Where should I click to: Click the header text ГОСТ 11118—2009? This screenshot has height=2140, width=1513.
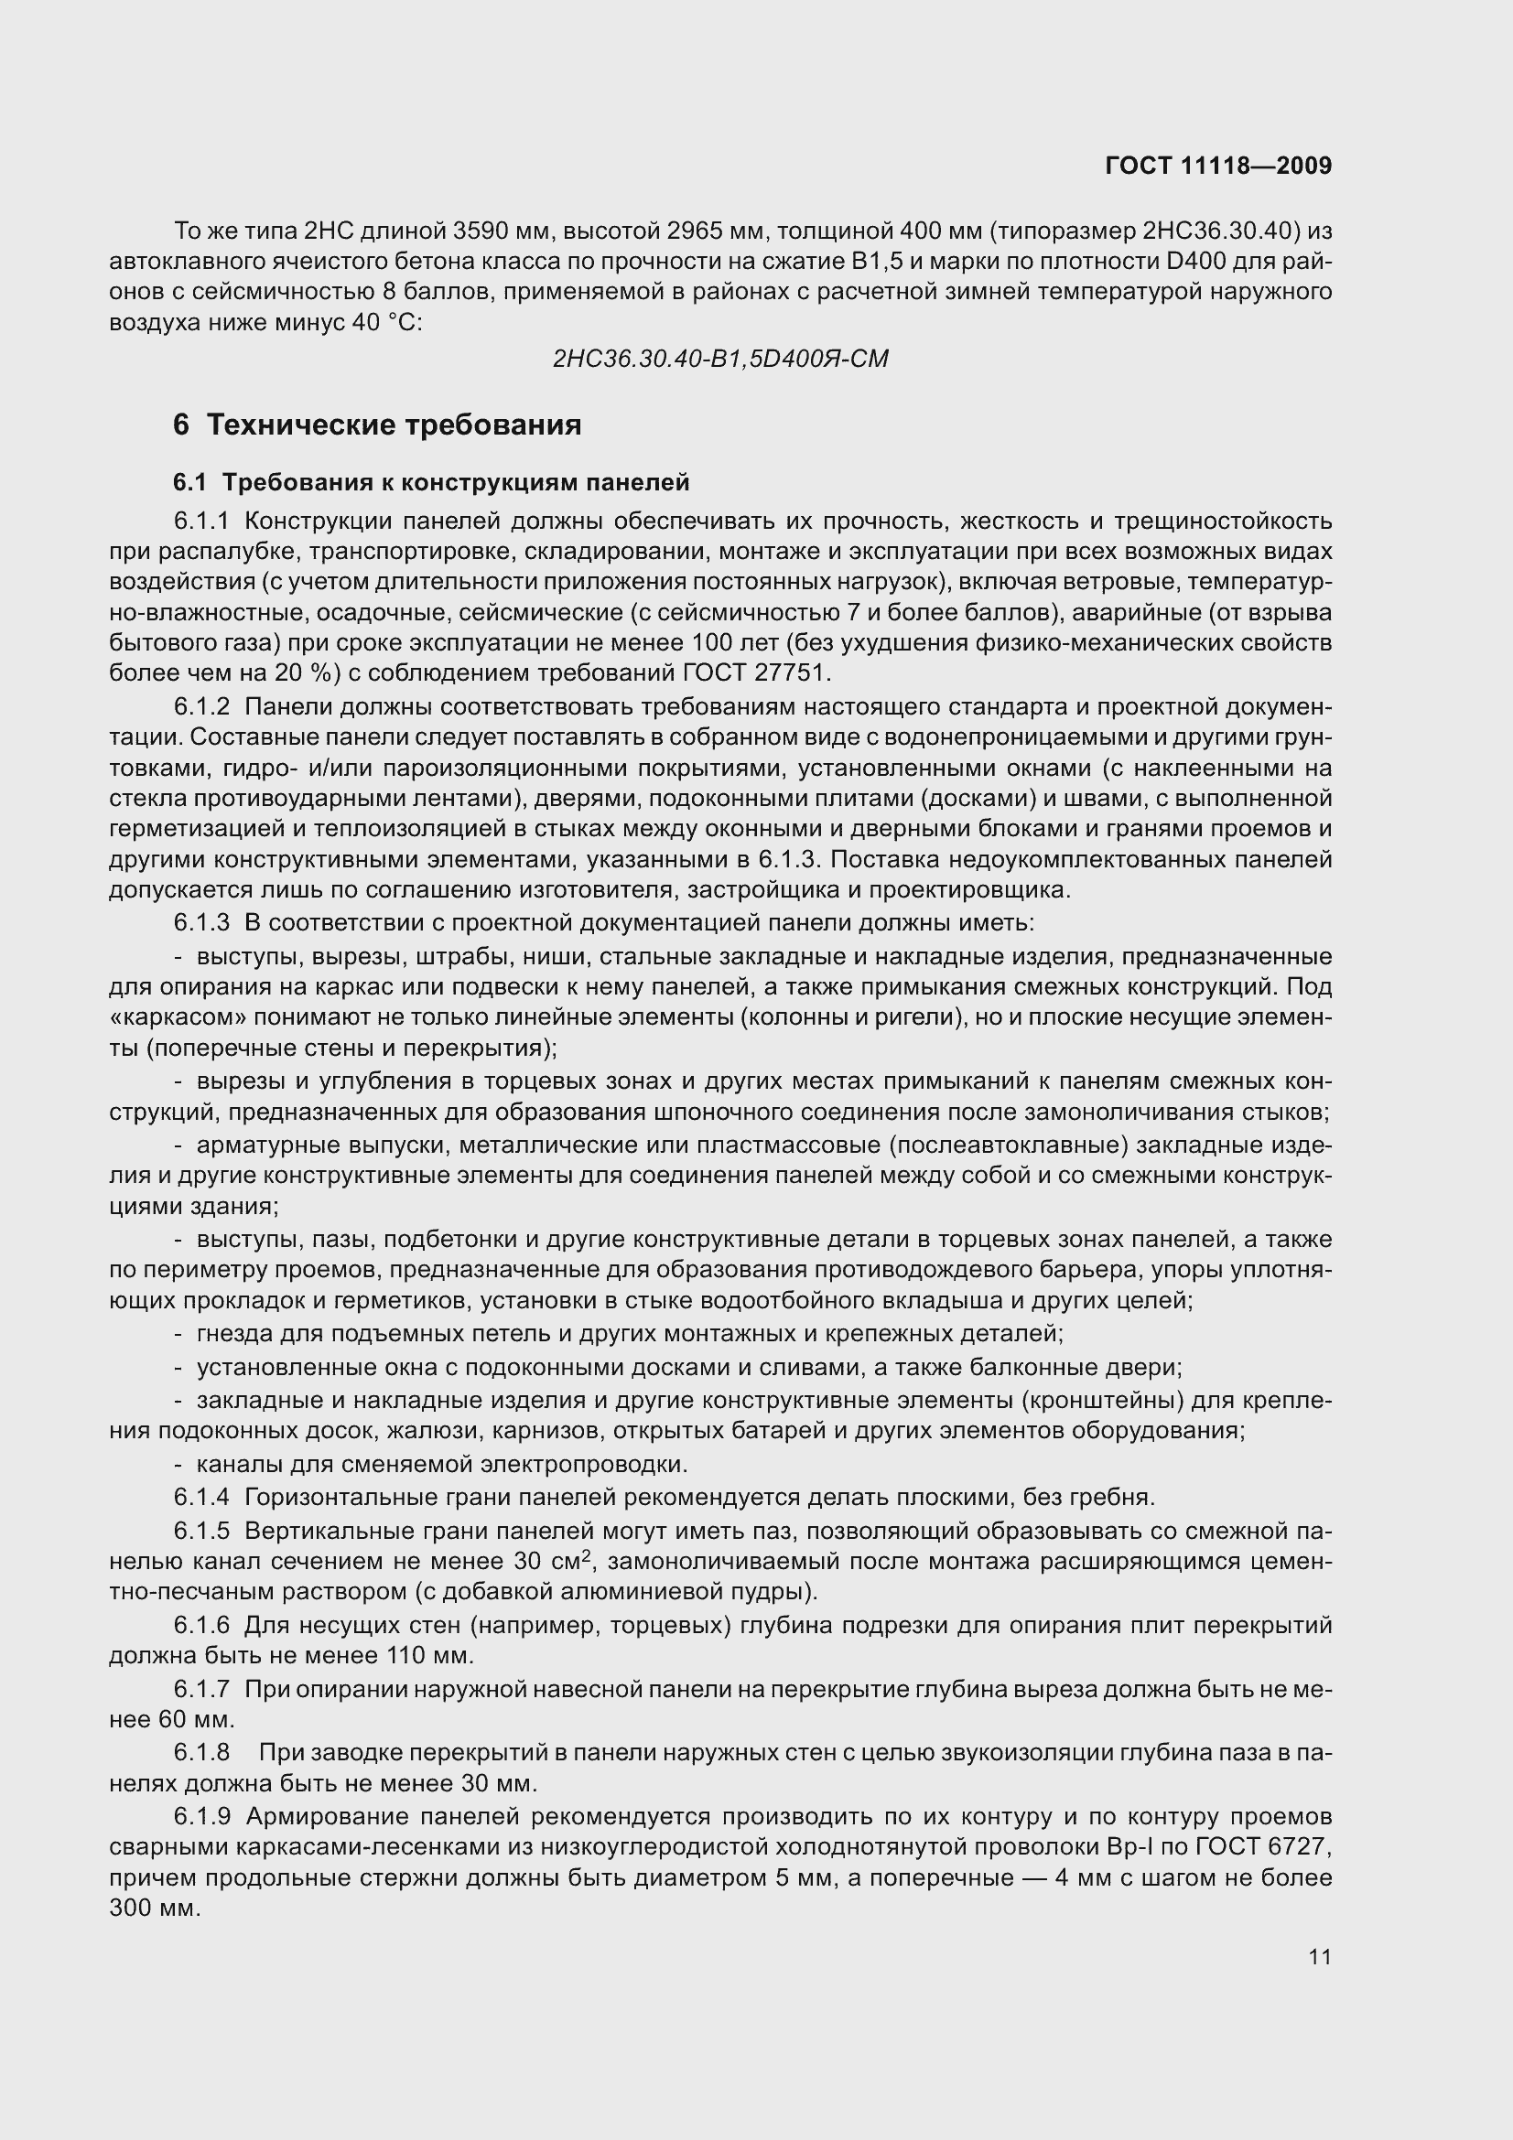tap(1217, 166)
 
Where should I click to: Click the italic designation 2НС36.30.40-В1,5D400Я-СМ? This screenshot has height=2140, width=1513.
tap(719, 359)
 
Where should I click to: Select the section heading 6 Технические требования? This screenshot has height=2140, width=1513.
tap(376, 425)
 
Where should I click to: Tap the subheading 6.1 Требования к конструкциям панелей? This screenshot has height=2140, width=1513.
tap(431, 483)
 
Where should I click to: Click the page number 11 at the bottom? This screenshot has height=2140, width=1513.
tap(1319, 1957)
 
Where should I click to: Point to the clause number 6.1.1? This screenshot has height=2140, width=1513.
tap(200, 521)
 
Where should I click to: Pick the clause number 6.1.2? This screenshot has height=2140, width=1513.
tap(200, 707)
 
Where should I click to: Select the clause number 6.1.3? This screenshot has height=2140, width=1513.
tap(200, 924)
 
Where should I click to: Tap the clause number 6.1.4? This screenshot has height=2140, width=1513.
tap(200, 1498)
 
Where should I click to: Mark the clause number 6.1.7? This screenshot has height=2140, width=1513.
tap(200, 1689)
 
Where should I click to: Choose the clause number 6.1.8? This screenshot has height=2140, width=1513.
tap(200, 1752)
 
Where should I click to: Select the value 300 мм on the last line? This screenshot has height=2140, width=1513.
tap(154, 1908)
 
